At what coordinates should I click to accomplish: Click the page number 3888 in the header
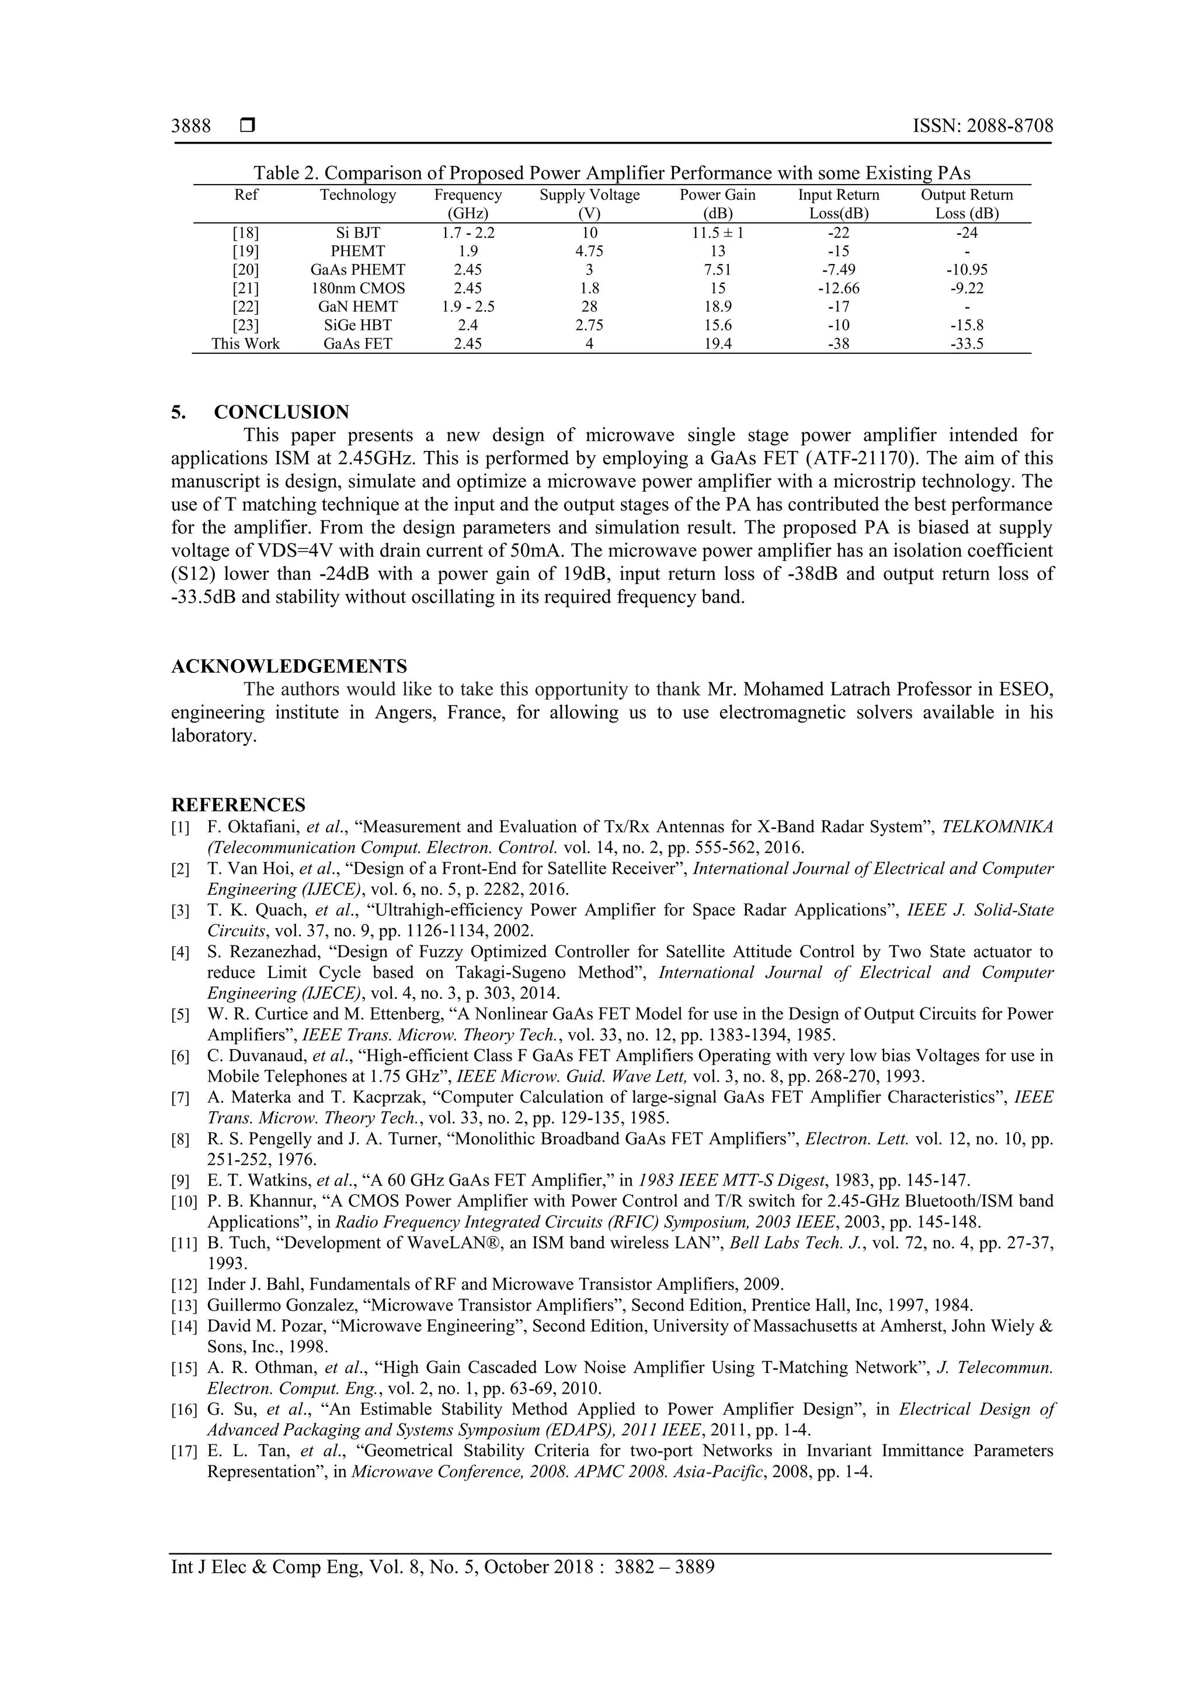point(191,126)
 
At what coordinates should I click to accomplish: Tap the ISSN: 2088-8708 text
point(982,126)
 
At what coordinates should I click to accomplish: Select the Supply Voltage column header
point(589,195)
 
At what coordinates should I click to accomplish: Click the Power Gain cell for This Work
point(717,343)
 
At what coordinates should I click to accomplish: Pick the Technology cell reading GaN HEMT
point(357,307)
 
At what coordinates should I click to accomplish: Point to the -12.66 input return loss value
point(839,288)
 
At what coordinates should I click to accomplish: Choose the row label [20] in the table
point(245,270)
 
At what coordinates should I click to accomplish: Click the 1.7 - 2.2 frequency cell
point(467,233)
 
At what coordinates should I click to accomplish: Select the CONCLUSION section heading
point(281,412)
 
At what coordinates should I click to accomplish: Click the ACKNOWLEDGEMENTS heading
point(289,666)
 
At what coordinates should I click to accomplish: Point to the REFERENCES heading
point(238,804)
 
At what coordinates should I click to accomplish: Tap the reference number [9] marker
point(180,1182)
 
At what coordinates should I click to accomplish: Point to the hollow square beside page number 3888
point(248,126)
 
